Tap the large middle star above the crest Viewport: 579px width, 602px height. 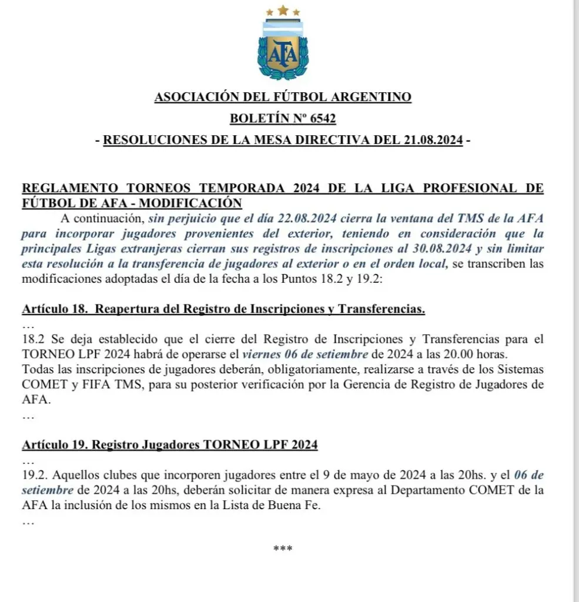[x=283, y=9]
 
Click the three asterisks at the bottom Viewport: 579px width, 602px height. [x=283, y=549]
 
